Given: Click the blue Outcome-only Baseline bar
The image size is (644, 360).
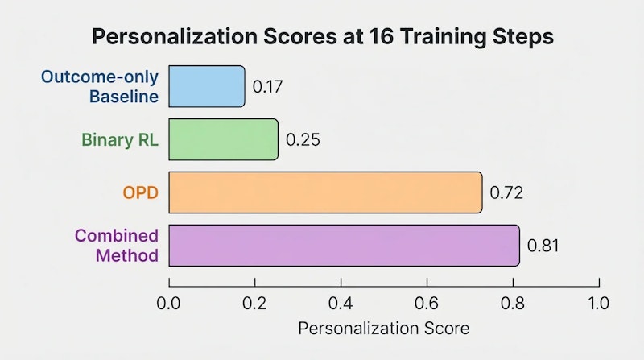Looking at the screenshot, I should pos(207,86).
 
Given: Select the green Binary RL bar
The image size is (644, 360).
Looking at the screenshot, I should pos(223,139).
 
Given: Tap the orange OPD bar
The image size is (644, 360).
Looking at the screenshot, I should pos(325,192).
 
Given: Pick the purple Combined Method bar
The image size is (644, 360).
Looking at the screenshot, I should pos(344,245).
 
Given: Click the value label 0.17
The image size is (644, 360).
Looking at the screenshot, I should pos(267,86).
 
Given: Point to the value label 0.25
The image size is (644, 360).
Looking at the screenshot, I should pos(303,139).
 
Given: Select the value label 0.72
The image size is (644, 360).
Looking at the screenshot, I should pos(506,192).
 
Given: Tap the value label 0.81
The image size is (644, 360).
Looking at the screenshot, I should pos(543,245).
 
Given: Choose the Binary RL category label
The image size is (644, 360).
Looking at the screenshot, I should pos(120,139).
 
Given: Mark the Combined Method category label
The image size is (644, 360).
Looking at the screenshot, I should pos(117,246).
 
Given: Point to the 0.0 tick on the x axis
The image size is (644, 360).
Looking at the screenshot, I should pos(169,304).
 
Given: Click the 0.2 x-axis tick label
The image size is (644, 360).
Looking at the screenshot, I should pos(255,304).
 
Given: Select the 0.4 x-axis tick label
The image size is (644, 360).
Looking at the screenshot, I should pos(341,304).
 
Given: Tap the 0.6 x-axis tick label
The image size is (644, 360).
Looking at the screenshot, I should pos(427,304).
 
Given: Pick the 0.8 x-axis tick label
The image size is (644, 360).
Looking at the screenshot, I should pos(513,304).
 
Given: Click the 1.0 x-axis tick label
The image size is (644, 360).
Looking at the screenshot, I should pos(599,304).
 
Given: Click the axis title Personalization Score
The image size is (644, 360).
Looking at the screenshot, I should pos(383,329).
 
